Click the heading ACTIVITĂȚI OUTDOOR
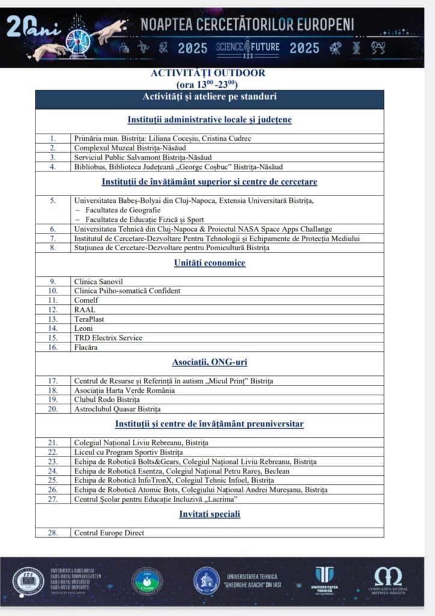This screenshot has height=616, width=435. coord(209,73)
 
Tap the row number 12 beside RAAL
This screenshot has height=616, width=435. coord(53,310)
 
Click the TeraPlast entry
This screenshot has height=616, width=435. coord(89,319)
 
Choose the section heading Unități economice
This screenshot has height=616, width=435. coord(209,263)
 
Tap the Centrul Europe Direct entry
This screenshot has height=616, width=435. coord(109,533)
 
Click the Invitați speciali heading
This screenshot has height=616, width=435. coord(209,514)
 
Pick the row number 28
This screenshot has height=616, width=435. coord(53,533)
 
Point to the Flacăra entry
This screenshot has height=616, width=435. coord(86,347)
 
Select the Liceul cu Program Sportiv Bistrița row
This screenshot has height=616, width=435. coord(128,452)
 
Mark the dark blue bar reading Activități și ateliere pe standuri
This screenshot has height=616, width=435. coord(209,97)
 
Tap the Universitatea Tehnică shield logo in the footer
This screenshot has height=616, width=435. coord(325,577)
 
